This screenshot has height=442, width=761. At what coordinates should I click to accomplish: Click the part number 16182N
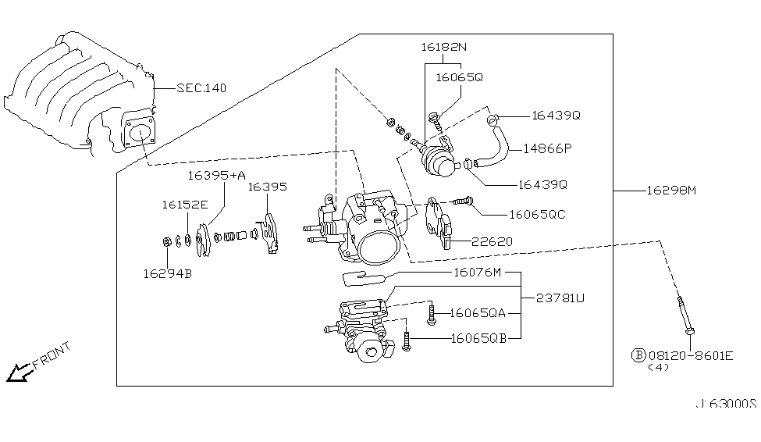tap(442, 48)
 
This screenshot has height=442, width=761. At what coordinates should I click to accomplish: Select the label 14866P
tap(548, 147)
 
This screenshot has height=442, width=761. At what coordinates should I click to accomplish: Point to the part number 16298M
tap(670, 190)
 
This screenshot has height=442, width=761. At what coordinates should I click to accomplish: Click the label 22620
tap(492, 242)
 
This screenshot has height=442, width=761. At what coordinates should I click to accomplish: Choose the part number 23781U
tap(560, 298)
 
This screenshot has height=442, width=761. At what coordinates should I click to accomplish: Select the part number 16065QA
tap(478, 313)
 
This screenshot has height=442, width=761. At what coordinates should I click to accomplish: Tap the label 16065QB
tap(478, 338)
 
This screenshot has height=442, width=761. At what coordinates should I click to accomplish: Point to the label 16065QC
tap(537, 213)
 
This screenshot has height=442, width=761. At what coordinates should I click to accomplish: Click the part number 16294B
tap(166, 273)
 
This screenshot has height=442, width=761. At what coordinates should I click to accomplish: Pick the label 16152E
tap(185, 205)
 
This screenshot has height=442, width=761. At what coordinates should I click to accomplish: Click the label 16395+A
tap(217, 176)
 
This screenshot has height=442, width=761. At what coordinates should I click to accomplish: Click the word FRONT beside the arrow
tap(52, 355)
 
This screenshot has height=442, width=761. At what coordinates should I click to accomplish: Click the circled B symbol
tap(638, 355)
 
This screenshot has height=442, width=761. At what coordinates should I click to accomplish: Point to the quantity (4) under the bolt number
tap(660, 368)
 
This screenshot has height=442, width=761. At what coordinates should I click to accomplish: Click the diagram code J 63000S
tap(727, 404)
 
